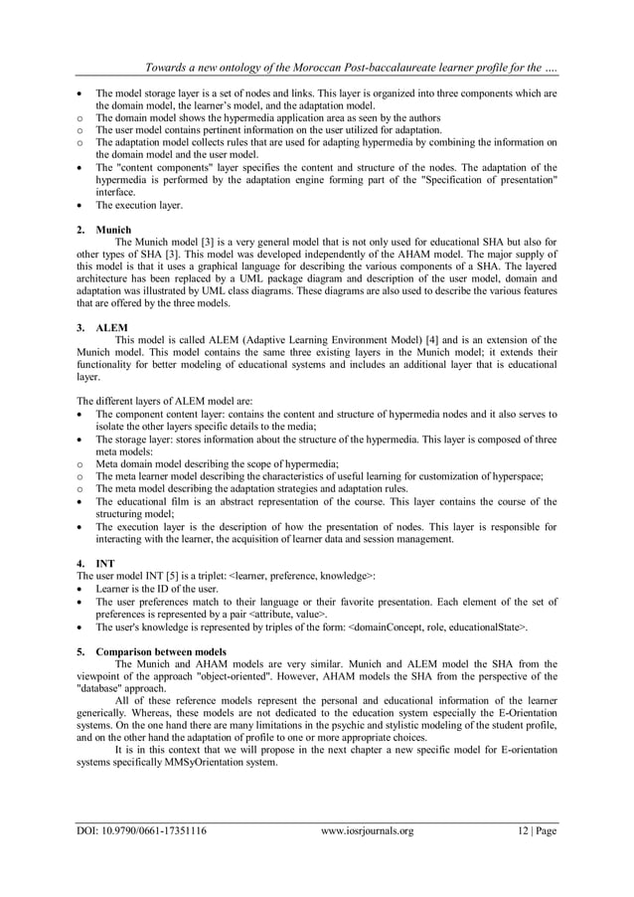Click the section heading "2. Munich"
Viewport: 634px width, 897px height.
(x=102, y=230)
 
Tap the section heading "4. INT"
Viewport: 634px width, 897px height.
(x=96, y=564)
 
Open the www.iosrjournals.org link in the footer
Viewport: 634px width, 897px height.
(x=368, y=831)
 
